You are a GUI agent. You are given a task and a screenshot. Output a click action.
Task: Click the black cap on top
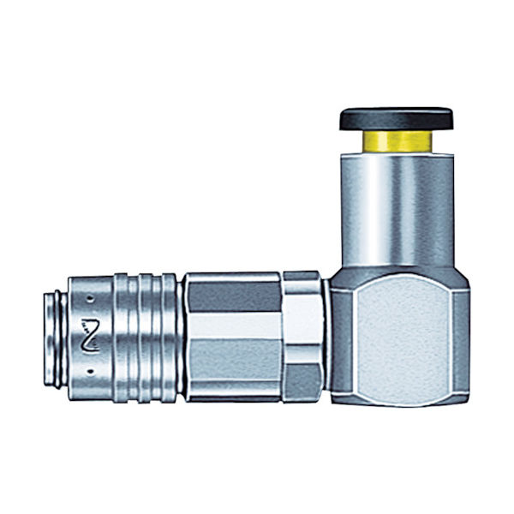pos(396,118)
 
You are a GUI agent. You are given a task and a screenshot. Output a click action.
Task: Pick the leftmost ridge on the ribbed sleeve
pos(123,336)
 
